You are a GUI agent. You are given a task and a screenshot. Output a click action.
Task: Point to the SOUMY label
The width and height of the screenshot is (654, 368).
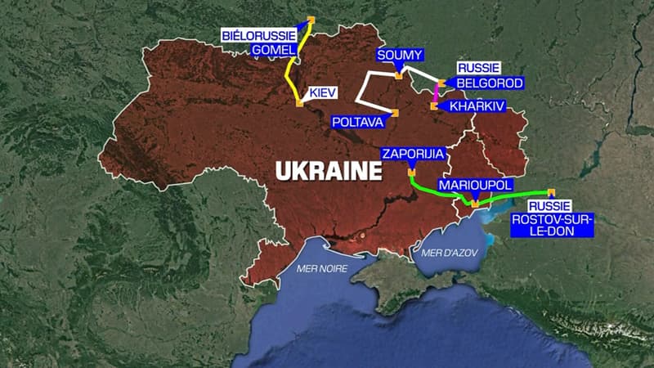401,55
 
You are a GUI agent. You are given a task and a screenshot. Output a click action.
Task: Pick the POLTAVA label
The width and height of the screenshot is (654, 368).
356,121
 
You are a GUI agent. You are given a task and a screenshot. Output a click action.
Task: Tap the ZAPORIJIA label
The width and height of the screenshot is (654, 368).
413,153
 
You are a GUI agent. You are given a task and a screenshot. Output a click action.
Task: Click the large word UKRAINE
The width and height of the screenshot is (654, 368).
329,171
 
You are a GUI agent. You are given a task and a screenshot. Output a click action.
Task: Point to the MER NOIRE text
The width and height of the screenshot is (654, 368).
322,268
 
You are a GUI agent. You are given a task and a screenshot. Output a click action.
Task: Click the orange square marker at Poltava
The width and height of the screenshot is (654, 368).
395,113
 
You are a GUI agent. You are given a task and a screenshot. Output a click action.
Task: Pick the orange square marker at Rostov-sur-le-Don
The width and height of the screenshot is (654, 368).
551,191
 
